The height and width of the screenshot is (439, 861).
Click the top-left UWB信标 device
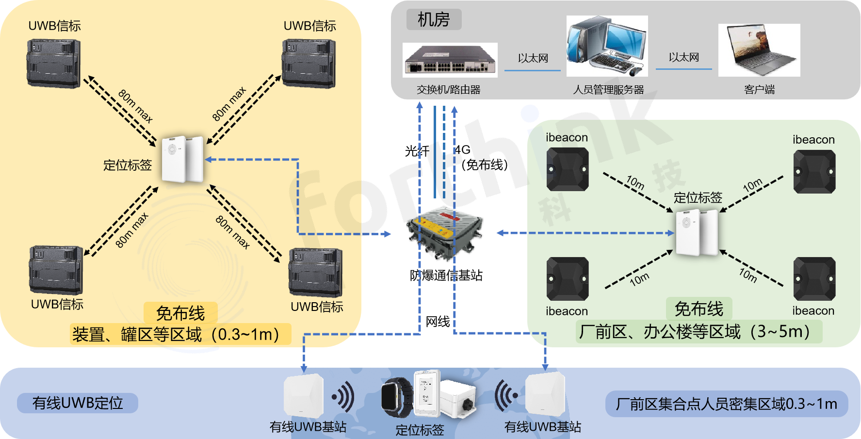[53, 64]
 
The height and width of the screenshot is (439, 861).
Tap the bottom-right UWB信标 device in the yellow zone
[315, 272]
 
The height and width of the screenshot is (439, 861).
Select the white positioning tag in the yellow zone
[182, 159]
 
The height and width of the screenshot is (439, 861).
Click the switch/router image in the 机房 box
[450, 60]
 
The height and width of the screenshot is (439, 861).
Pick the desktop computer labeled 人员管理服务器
[607, 46]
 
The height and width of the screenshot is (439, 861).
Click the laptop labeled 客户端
[759, 50]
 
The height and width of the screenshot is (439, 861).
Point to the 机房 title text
[434, 20]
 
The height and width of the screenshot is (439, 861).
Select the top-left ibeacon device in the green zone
[567, 169]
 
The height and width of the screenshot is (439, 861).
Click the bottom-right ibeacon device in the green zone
[814, 279]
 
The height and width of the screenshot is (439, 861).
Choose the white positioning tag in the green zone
[697, 232]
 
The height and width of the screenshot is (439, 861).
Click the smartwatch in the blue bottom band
[397, 397]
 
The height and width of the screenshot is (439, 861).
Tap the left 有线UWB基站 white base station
[303, 395]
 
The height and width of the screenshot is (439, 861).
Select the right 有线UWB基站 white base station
[546, 394]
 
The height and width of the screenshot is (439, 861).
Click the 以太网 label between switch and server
[533, 59]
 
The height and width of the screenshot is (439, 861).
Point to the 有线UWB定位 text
[78, 403]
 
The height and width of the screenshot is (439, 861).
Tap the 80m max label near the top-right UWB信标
[229, 104]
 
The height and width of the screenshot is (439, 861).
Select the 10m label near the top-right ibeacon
[752, 185]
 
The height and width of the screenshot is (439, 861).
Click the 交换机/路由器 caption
[448, 90]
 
